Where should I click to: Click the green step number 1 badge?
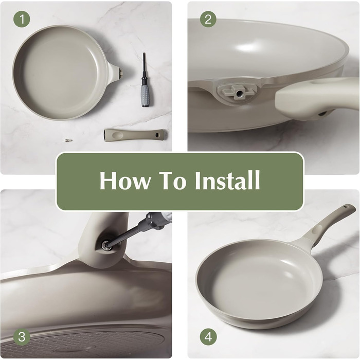pos(22,19)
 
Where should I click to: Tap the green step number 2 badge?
pos(208,19)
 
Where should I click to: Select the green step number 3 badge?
pos(22,337)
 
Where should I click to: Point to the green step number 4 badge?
pos(208,337)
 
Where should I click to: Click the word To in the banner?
pos(172,180)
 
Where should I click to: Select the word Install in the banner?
pos(227,180)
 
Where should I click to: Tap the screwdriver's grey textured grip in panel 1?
pos(146,96)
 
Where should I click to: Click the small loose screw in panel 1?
pos(68,140)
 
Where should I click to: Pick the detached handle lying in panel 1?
pos(135,135)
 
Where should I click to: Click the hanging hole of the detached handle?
pos(157,135)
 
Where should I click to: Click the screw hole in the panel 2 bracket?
pos(239,93)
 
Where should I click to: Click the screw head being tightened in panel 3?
pos(105,244)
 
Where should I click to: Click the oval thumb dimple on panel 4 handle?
pos(318,229)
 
